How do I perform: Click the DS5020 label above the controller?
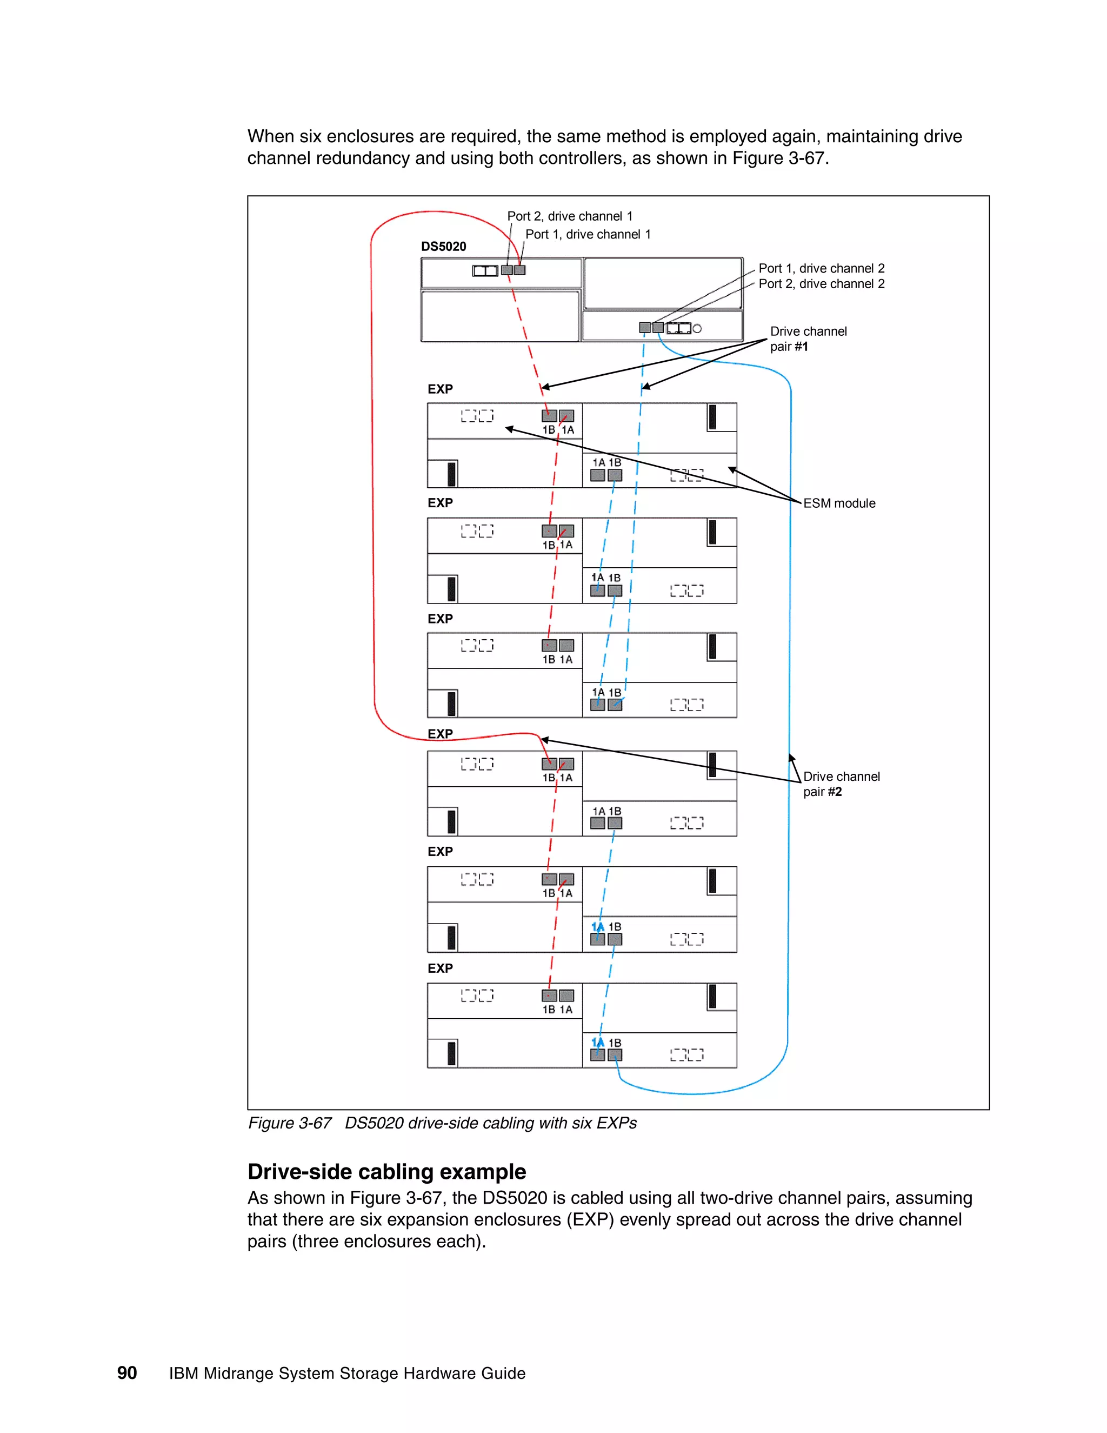[x=443, y=247]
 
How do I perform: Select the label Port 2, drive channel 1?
[x=569, y=216]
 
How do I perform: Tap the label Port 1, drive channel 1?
[x=588, y=234]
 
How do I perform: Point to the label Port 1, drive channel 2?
[x=821, y=268]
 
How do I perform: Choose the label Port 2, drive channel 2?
[x=821, y=283]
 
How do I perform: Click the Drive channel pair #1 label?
[x=808, y=339]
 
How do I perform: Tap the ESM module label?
[x=839, y=503]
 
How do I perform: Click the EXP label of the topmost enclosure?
[x=440, y=389]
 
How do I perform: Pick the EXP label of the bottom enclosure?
[x=440, y=968]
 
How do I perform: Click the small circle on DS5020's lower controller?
[x=697, y=329]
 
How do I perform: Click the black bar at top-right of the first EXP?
[x=712, y=416]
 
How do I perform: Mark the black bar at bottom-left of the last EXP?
[x=451, y=1053]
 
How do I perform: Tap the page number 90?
[x=126, y=1372]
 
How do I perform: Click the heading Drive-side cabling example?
[x=386, y=1171]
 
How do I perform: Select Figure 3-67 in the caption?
[x=289, y=1123]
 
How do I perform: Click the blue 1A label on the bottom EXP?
[x=597, y=1043]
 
